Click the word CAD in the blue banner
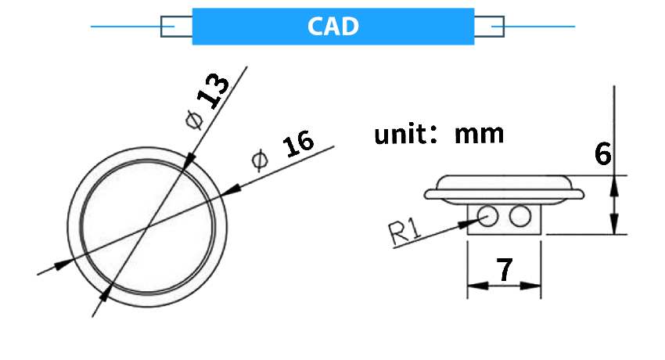coord(332,27)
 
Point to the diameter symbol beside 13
coord(194,120)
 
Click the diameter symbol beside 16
coord(259,160)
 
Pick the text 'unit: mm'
coord(439,134)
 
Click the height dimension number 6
coord(602,154)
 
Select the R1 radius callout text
coord(405,232)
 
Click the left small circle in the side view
coord(488,215)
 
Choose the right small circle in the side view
coord(519,216)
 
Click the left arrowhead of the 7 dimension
coord(473,286)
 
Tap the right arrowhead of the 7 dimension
coord(536,286)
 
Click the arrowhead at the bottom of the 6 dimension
coord(615,227)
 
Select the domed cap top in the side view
coord(505,181)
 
